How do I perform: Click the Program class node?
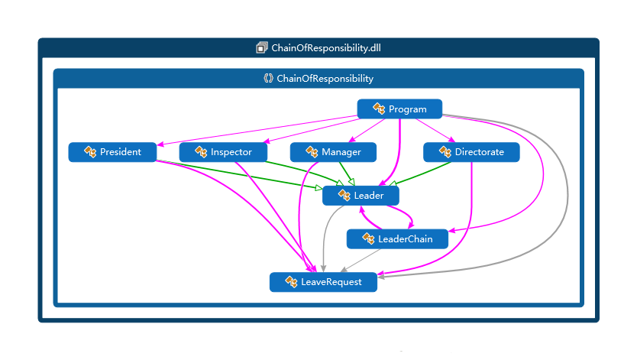pos(399,109)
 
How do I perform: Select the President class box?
pos(112,152)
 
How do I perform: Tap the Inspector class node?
pos(223,152)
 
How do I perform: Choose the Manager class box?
pos(333,152)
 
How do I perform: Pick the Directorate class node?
pos(471,152)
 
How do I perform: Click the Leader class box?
pos(361,196)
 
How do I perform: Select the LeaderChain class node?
pos(397,239)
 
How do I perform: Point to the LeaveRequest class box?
pos(323,282)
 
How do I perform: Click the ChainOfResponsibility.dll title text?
pos(326,47)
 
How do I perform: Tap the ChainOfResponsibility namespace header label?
pos(325,79)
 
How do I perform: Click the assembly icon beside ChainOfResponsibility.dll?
pos(262,47)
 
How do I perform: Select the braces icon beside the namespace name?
pos(268,79)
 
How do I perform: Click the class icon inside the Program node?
pos(379,109)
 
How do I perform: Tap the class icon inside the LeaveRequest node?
pos(291,282)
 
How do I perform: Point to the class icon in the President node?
pos(90,152)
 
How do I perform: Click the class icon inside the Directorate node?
pos(445,152)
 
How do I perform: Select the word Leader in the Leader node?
pos(368,196)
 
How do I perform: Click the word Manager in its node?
pos(341,152)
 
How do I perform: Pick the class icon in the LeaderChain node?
pos(368,239)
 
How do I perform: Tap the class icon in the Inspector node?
pos(201,152)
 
